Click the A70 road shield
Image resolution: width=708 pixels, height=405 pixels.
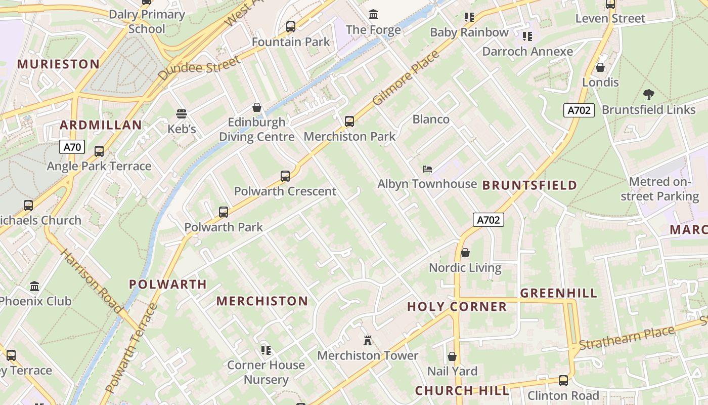pyautogui.click(x=72, y=147)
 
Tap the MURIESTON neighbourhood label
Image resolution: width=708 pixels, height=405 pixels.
pyautogui.click(x=59, y=64)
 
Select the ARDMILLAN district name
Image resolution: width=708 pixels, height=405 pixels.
pyautogui.click(x=101, y=125)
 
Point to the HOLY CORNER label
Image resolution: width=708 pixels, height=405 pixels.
pyautogui.click(x=457, y=306)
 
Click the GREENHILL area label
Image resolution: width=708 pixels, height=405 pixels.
pyautogui.click(x=558, y=293)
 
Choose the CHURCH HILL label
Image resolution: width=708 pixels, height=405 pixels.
pyautogui.click(x=462, y=390)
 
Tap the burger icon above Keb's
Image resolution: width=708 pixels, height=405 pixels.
pyautogui.click(x=182, y=114)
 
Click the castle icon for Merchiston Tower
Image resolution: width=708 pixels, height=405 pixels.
pyautogui.click(x=368, y=341)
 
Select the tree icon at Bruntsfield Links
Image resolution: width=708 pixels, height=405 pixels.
pyautogui.click(x=648, y=94)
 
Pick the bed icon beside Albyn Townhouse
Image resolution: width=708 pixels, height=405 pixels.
pyautogui.click(x=427, y=169)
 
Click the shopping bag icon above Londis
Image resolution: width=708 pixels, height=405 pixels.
pyautogui.click(x=600, y=67)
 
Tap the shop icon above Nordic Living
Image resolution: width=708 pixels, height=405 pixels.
pyautogui.click(x=465, y=252)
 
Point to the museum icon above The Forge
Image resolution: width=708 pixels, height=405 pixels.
pyautogui.click(x=373, y=14)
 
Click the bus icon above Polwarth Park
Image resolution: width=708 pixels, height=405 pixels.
pyautogui.click(x=224, y=212)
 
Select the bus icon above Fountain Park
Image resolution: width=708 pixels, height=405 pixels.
pyautogui.click(x=291, y=26)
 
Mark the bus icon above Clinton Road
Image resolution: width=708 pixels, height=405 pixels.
pyautogui.click(x=563, y=381)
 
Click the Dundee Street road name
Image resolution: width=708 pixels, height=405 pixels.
pyautogui.click(x=199, y=68)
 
